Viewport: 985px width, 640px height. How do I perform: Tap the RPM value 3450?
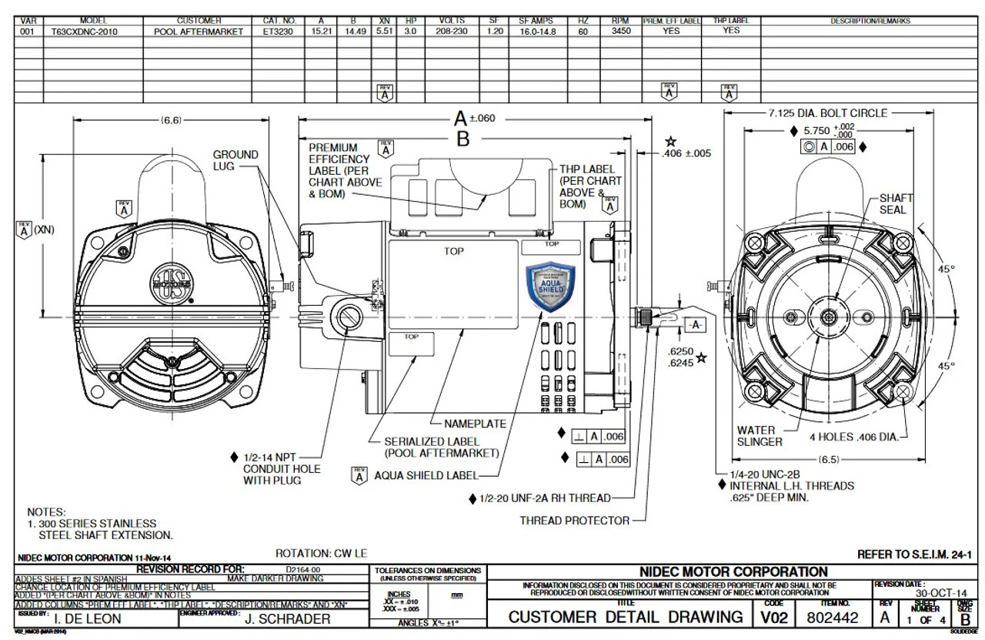pyautogui.click(x=619, y=32)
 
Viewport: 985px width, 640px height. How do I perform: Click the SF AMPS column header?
pyautogui.click(x=535, y=21)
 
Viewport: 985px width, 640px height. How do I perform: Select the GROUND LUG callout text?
pyautogui.click(x=235, y=160)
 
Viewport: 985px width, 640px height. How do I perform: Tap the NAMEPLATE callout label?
pyautogui.click(x=476, y=424)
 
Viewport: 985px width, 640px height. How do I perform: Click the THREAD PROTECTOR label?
pyautogui.click(x=574, y=521)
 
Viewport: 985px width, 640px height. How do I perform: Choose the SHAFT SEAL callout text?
pyautogui.click(x=893, y=204)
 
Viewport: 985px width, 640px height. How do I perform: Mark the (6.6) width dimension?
pyautogui.click(x=171, y=120)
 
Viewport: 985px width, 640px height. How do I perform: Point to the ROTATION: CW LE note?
pyautogui.click(x=322, y=554)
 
